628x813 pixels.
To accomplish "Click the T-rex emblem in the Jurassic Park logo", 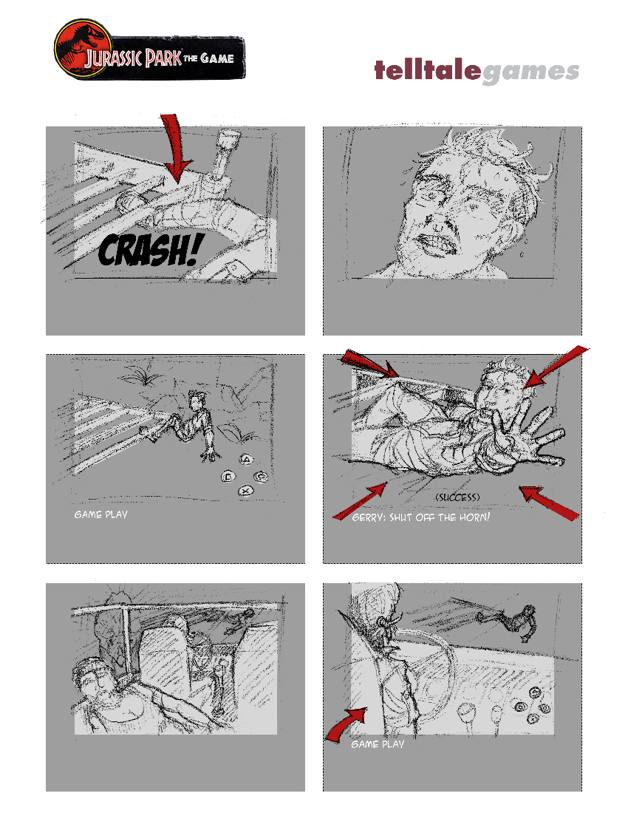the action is pos(83,48).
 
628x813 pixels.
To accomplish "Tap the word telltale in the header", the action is pos(428,70).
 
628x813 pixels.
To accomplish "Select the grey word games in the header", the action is pos(530,73).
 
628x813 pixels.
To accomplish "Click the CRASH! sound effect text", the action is pos(150,251).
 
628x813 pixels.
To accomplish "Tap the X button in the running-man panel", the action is pos(246,491).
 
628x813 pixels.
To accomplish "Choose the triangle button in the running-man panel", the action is pos(247,460).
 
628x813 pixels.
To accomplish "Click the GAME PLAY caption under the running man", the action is pos(100,514).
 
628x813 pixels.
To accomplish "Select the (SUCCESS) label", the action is pos(457,497).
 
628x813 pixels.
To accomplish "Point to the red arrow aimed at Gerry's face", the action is pos(556,367).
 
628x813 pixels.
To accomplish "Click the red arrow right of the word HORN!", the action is pos(549,502).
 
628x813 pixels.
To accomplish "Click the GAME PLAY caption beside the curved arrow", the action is pos(378,744).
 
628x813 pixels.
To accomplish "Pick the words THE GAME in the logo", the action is pos(209,58).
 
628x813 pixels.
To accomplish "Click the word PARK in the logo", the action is pos(163,58).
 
